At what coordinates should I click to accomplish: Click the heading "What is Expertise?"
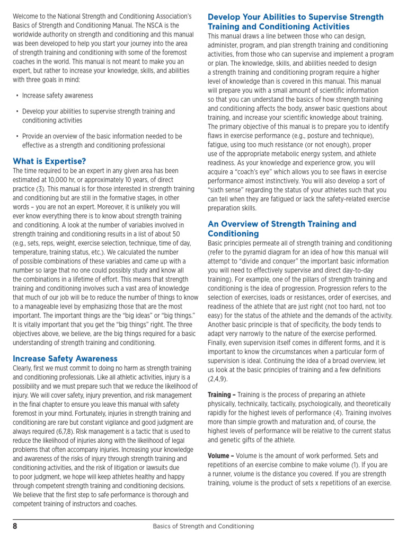49,161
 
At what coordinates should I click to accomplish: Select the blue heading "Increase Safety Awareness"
65,358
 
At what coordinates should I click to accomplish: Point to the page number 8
15,526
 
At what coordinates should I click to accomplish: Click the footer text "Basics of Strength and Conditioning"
203,527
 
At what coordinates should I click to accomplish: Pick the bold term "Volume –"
221,456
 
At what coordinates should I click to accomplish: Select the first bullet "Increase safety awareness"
57,95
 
